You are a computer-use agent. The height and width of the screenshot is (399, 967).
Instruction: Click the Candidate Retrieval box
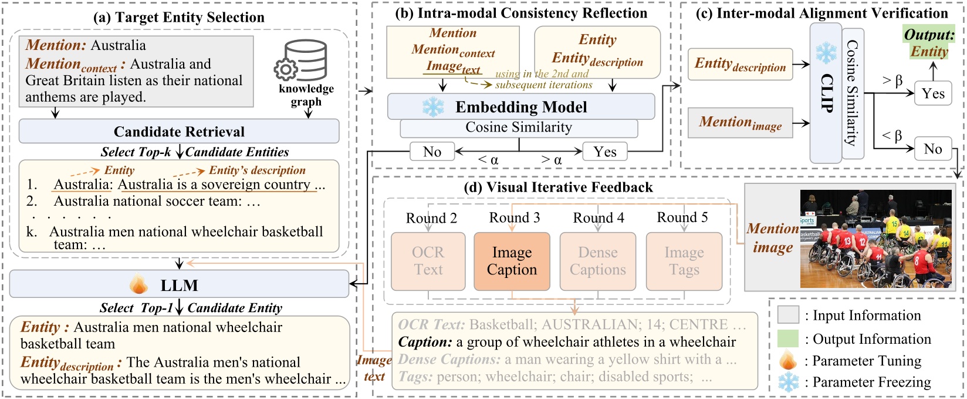pyautogui.click(x=179, y=131)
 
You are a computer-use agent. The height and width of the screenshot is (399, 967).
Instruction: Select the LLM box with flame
pyautogui.click(x=179, y=285)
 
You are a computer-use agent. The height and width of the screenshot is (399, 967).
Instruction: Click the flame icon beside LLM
pyautogui.click(x=139, y=285)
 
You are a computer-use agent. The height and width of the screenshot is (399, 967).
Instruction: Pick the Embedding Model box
pyautogui.click(x=520, y=107)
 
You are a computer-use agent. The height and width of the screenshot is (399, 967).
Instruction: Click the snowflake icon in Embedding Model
pyautogui.click(x=434, y=107)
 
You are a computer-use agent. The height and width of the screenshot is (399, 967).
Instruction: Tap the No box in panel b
pyautogui.click(x=432, y=152)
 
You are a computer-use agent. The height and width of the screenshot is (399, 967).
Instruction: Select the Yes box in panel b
pyautogui.click(x=604, y=152)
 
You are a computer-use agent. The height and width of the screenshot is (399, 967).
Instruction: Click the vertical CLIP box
pyautogui.click(x=826, y=94)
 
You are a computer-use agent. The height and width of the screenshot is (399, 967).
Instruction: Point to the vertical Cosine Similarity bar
pyautogui.click(x=853, y=94)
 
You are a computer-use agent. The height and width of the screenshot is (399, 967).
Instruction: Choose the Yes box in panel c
pyautogui.click(x=932, y=93)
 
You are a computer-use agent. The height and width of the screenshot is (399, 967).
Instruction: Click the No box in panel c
pyautogui.click(x=932, y=149)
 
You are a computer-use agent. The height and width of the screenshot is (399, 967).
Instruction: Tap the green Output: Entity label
pyautogui.click(x=929, y=42)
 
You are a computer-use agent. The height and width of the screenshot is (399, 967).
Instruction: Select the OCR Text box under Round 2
pyautogui.click(x=428, y=261)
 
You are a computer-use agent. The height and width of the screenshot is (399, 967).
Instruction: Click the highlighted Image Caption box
pyautogui.click(x=512, y=261)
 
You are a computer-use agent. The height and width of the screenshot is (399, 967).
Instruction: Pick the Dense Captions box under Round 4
pyautogui.click(x=597, y=261)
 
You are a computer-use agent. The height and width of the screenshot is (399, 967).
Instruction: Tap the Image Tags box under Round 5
pyautogui.click(x=684, y=261)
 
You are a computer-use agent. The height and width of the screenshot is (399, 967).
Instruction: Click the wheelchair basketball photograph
pyautogui.click(x=876, y=238)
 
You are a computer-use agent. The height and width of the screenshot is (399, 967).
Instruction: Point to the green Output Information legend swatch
pyautogui.click(x=788, y=338)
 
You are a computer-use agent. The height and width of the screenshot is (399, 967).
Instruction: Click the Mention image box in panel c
pyautogui.click(x=740, y=123)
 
